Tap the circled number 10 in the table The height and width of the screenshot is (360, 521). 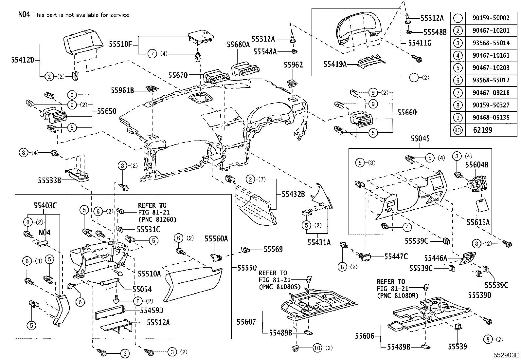pos(458,130)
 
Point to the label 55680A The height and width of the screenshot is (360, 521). pos(238,45)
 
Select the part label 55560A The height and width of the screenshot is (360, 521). pos(216,239)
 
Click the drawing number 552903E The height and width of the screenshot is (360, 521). pos(507,355)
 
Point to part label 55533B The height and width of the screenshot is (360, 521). pos(49,180)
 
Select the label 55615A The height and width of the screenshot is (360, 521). pos(478,222)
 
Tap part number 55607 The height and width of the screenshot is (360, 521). pos(246,322)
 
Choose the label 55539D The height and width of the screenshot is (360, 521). pos(479,295)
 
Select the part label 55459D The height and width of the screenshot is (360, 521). pos(152,310)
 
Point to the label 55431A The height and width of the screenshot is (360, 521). pos(319,242)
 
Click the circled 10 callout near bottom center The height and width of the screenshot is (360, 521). pos(317,348)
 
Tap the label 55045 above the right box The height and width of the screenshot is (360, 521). pos(420,139)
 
